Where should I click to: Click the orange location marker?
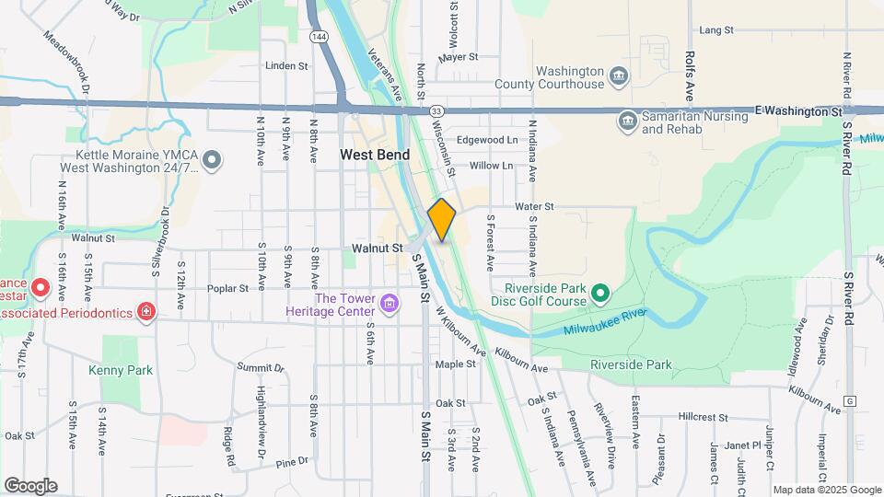442,220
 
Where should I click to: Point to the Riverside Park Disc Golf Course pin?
600,294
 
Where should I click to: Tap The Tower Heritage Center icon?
390,303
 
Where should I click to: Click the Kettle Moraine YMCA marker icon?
212,161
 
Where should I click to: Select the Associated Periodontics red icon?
145,311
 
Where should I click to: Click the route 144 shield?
318,36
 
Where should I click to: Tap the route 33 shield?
436,110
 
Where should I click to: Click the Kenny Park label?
121,370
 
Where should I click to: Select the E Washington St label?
800,110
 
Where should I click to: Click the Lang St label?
715,30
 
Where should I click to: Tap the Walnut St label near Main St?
378,248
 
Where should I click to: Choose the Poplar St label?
230,288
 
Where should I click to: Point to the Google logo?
30,486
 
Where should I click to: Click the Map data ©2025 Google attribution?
827,490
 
